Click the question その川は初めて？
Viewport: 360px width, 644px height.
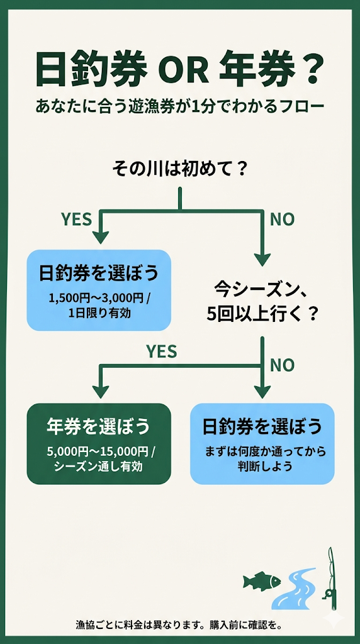(179, 169)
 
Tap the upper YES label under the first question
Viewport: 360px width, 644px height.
(76, 219)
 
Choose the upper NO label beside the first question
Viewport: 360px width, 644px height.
(283, 219)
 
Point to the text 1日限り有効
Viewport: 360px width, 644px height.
(99, 313)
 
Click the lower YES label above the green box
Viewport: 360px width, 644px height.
(162, 351)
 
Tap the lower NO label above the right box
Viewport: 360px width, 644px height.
(283, 364)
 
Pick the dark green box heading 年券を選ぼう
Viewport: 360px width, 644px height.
(99, 427)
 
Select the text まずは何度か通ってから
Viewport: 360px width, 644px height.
(262, 453)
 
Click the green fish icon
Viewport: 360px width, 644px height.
(261, 580)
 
